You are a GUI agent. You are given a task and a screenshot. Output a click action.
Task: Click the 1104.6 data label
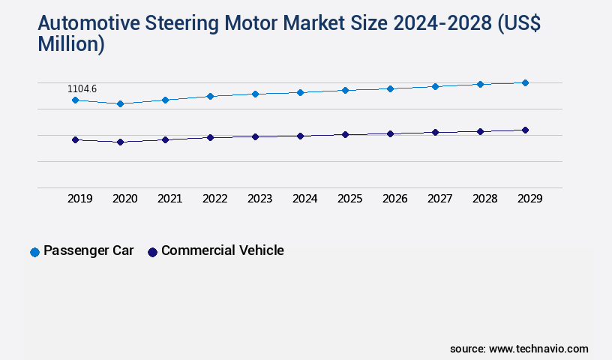tap(83, 88)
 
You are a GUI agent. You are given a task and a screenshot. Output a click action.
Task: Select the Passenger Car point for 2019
tap(75, 100)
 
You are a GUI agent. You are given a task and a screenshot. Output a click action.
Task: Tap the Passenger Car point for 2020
tap(120, 103)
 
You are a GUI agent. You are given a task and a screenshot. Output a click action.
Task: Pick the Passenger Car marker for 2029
tap(525, 82)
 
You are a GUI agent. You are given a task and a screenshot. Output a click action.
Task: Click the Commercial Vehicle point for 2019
tap(75, 139)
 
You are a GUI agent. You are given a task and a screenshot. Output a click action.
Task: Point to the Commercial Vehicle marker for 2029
tap(525, 130)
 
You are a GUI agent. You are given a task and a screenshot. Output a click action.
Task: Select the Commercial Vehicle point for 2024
tap(300, 136)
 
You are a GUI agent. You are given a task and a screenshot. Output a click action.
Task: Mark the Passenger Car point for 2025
tap(345, 90)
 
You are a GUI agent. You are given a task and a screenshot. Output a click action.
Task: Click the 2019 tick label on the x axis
tap(80, 199)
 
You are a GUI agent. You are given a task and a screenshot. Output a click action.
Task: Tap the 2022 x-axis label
tap(215, 199)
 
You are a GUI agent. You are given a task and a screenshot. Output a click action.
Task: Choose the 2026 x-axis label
tap(395, 199)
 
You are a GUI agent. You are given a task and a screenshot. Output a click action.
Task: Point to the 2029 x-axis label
tap(530, 199)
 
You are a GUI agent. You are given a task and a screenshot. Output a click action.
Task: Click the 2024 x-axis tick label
tap(305, 199)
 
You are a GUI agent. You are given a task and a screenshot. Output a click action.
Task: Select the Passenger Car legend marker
tap(34, 252)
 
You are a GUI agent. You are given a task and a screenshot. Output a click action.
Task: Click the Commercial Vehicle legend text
tap(222, 250)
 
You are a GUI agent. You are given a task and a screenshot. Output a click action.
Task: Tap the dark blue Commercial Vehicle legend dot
tap(152, 252)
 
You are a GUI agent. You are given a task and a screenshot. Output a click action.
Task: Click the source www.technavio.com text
tap(519, 349)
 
